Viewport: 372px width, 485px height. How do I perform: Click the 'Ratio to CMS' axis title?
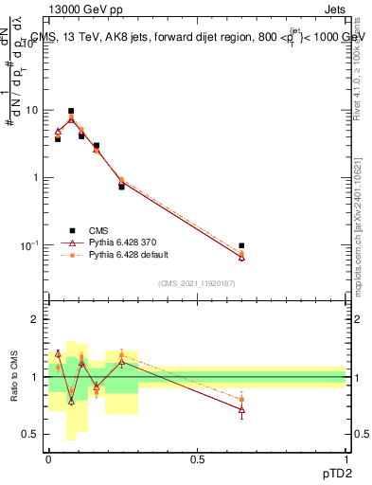14,377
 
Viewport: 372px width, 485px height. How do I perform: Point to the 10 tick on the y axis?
34,110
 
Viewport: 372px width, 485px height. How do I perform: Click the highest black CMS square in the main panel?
71,111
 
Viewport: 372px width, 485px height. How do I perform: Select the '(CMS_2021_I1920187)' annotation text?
197,283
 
